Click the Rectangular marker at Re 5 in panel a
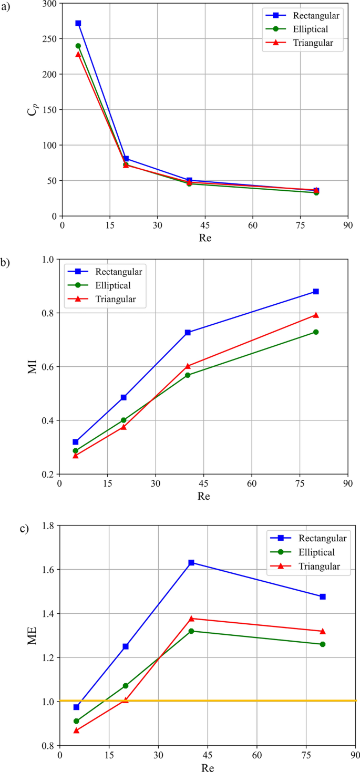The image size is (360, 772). click(x=78, y=23)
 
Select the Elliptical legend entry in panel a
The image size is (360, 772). click(x=313, y=29)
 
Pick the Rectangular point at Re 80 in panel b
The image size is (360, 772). click(x=316, y=291)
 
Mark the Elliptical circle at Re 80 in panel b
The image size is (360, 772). click(x=316, y=332)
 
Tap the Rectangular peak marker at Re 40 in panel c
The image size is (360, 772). click(x=191, y=562)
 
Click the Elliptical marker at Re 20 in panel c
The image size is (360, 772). click(x=126, y=685)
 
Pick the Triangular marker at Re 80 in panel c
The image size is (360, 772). click(x=323, y=631)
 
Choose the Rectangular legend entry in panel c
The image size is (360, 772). click(x=322, y=538)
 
